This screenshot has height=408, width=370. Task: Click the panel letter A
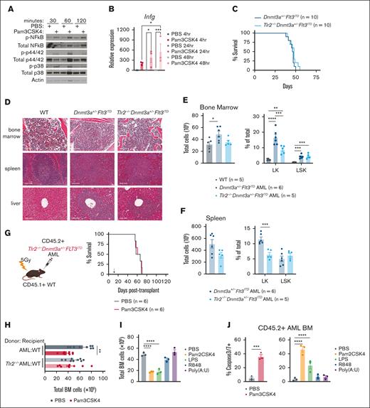coord(6,6)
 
